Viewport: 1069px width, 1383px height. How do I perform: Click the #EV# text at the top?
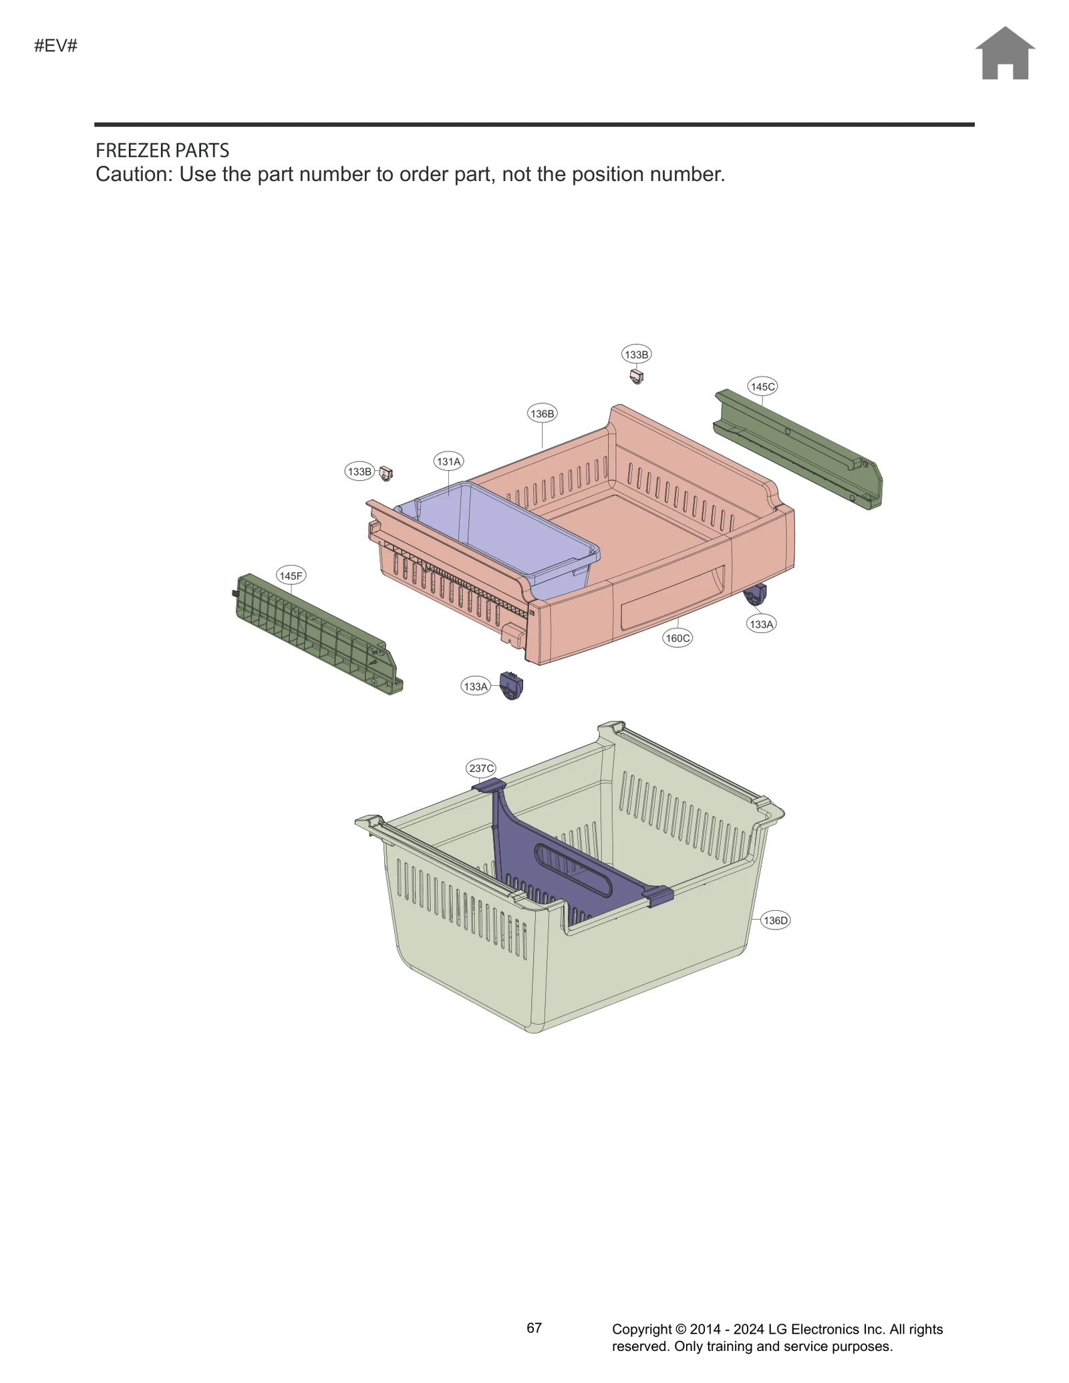pyautogui.click(x=56, y=46)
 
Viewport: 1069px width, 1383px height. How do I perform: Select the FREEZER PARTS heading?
pyautogui.click(x=162, y=150)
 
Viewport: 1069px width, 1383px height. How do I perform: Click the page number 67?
pyautogui.click(x=534, y=1328)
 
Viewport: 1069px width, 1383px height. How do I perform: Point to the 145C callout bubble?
pyautogui.click(x=762, y=387)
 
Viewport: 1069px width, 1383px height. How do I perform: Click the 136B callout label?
pyautogui.click(x=542, y=413)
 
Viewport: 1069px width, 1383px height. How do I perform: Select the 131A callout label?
pyautogui.click(x=448, y=461)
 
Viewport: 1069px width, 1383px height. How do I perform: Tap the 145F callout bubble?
pyautogui.click(x=291, y=576)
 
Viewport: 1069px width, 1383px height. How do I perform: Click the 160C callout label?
pyautogui.click(x=677, y=638)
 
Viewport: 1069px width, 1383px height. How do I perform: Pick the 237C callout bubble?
pyautogui.click(x=481, y=769)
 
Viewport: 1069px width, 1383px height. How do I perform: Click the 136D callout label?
pyautogui.click(x=776, y=920)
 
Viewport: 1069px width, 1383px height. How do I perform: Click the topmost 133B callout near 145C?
pyautogui.click(x=636, y=355)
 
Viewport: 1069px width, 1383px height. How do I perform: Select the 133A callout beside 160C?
pyautogui.click(x=761, y=624)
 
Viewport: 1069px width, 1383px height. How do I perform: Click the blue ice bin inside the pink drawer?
pyautogui.click(x=508, y=534)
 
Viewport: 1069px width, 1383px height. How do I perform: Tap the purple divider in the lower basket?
pyautogui.click(x=568, y=868)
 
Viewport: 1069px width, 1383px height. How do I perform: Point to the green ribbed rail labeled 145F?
pyautogui.click(x=314, y=631)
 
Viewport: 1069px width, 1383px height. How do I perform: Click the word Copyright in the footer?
pyautogui.click(x=641, y=1330)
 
